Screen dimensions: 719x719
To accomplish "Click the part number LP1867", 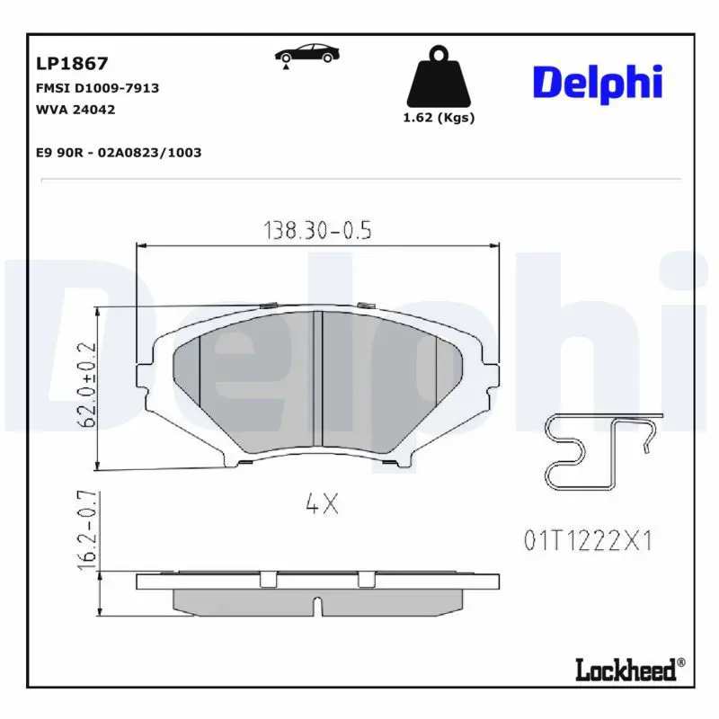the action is pyautogui.click(x=72, y=63).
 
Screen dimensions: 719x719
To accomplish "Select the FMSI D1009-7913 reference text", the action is pyautogui.click(x=97, y=88).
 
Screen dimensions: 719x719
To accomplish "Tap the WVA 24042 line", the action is pyautogui.click(x=75, y=110).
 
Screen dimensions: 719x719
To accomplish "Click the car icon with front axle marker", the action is pyautogui.click(x=306, y=56).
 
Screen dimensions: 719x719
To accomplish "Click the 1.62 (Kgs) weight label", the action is pyautogui.click(x=439, y=118).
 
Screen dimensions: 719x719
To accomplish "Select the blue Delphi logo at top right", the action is pyautogui.click(x=598, y=84).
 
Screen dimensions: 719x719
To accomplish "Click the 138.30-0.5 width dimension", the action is pyautogui.click(x=317, y=230).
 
